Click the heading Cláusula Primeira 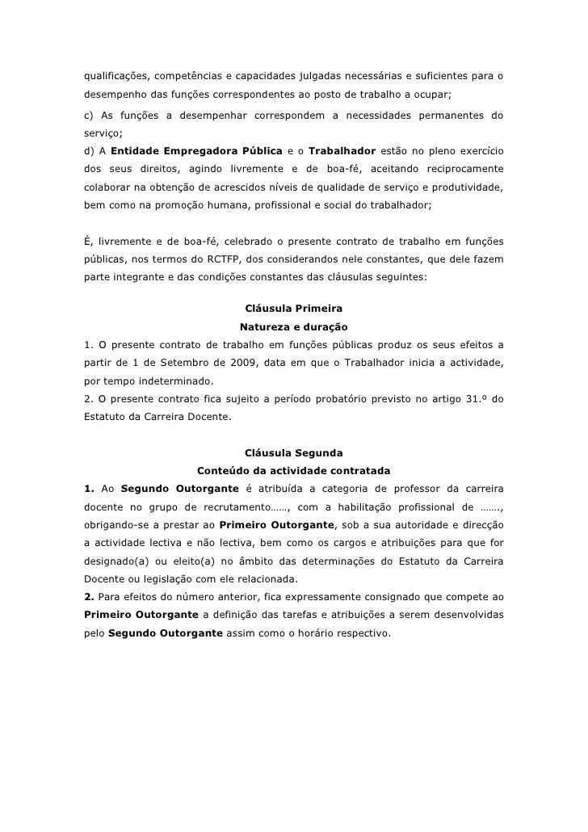(293, 309)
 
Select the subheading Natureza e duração (293, 327)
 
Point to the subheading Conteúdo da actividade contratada (294, 470)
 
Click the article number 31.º (470, 399)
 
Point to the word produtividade (468, 187)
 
